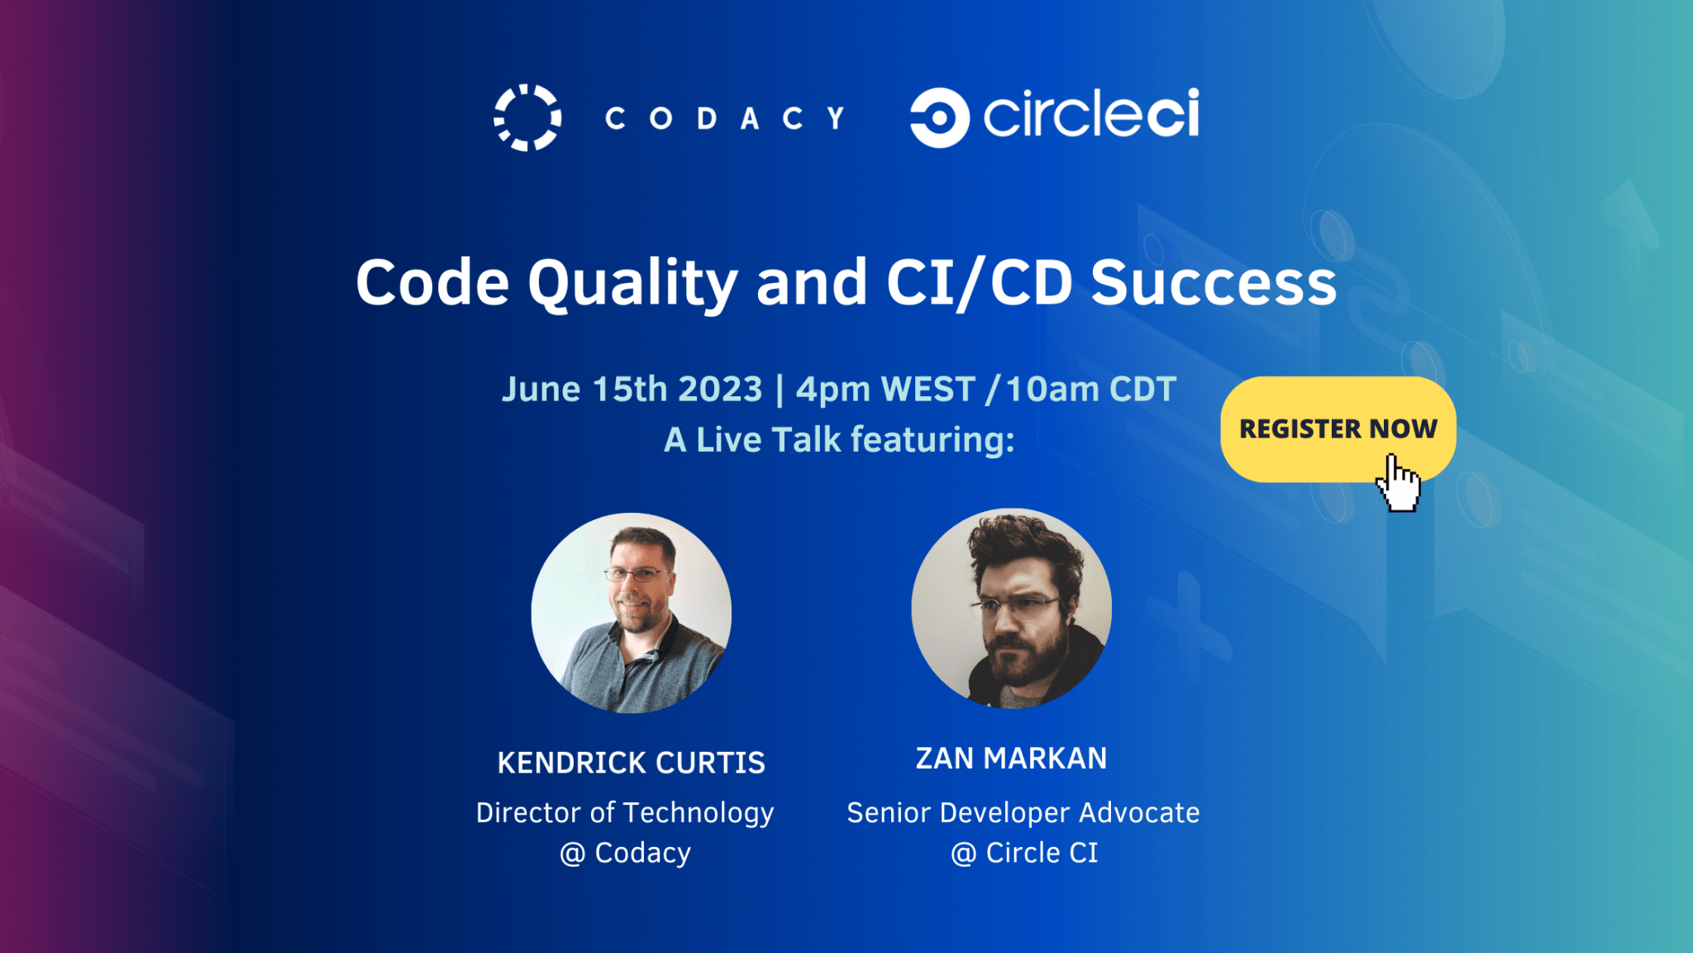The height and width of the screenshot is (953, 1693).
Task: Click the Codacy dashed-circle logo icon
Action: point(527,117)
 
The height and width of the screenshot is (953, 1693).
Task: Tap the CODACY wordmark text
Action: point(725,118)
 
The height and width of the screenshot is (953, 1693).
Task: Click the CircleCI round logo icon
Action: point(939,117)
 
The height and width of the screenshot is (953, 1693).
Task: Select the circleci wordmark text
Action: point(1091,113)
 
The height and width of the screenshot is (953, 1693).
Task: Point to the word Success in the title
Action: point(1214,283)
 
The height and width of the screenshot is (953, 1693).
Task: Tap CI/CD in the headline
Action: point(979,284)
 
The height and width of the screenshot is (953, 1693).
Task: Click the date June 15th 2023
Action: point(632,389)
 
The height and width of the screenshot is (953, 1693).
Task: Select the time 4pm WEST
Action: point(885,389)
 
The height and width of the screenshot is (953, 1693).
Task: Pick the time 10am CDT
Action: point(1090,389)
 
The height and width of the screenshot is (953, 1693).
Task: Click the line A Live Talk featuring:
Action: point(839,440)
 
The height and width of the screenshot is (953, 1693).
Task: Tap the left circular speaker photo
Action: point(632,613)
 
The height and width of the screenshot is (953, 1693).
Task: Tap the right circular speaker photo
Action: point(1012,608)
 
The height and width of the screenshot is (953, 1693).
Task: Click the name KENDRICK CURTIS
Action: point(632,763)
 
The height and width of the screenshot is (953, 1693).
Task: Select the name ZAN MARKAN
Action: point(1011,759)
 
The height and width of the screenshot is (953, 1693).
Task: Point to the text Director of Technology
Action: point(625,813)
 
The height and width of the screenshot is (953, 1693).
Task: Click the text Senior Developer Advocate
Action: point(1023,812)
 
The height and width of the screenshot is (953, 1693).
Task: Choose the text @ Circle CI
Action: point(1024,853)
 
